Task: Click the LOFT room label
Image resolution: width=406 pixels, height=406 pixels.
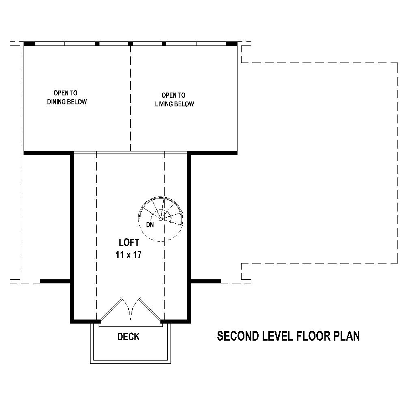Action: click(129, 243)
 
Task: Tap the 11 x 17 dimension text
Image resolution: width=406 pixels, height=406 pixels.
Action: click(128, 255)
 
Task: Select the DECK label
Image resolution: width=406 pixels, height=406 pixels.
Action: click(128, 337)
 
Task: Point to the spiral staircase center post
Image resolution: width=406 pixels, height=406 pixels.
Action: click(161, 219)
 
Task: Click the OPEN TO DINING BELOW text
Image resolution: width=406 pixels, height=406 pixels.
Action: click(67, 97)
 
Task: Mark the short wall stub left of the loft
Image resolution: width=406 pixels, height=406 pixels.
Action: click(55, 281)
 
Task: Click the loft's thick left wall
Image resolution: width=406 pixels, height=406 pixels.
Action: click(72, 235)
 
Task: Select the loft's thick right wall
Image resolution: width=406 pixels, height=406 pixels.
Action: click(189, 235)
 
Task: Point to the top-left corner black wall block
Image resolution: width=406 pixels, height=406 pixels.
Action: click(29, 43)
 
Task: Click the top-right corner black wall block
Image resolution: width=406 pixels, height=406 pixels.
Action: click(231, 43)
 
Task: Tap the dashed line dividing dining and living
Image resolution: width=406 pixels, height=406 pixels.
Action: click(130, 97)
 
